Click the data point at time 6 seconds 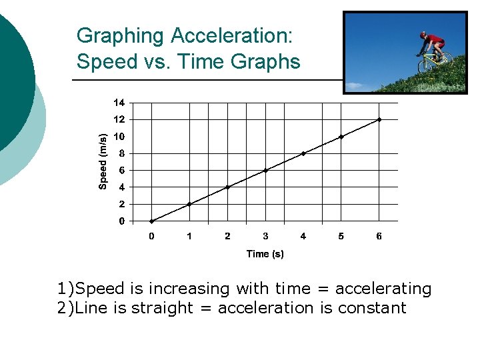pyautogui.click(x=379, y=119)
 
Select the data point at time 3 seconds pyautogui.click(x=265, y=170)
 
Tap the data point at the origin pyautogui.click(x=151, y=221)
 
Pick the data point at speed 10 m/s pyautogui.click(x=341, y=137)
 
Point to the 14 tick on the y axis pyautogui.click(x=119, y=103)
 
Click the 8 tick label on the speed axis pyautogui.click(x=121, y=153)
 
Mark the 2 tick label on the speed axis pyautogui.click(x=121, y=204)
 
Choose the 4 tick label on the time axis pyautogui.click(x=303, y=236)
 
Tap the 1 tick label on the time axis pyautogui.click(x=189, y=236)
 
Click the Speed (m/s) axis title pyautogui.click(x=103, y=161)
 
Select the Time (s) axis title pyautogui.click(x=265, y=253)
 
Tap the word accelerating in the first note pyautogui.click(x=383, y=289)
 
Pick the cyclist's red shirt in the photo pyautogui.click(x=435, y=40)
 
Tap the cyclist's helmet pyautogui.click(x=423, y=34)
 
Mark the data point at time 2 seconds pyautogui.click(x=227, y=187)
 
